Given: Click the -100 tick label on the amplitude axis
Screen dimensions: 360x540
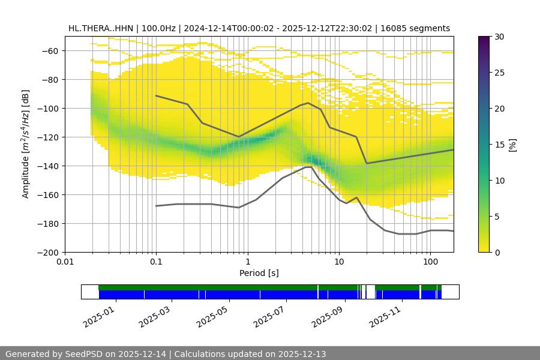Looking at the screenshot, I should (x=50, y=108).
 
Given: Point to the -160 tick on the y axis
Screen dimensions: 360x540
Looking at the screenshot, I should (x=50, y=194).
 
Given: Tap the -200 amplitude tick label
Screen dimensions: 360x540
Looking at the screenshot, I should (x=50, y=252).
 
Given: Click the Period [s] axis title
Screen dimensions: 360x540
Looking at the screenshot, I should (x=259, y=274).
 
